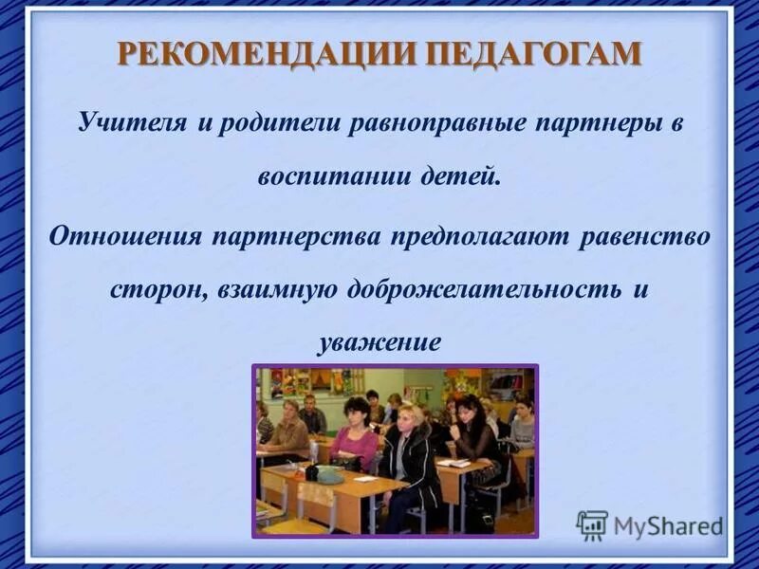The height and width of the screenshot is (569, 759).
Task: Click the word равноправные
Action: point(432,125)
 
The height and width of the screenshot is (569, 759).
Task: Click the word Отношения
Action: point(125,235)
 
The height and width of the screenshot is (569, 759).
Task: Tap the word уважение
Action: point(379,341)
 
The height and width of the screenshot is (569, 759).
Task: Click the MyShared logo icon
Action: point(592,525)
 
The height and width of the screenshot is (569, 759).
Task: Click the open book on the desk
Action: point(454,463)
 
